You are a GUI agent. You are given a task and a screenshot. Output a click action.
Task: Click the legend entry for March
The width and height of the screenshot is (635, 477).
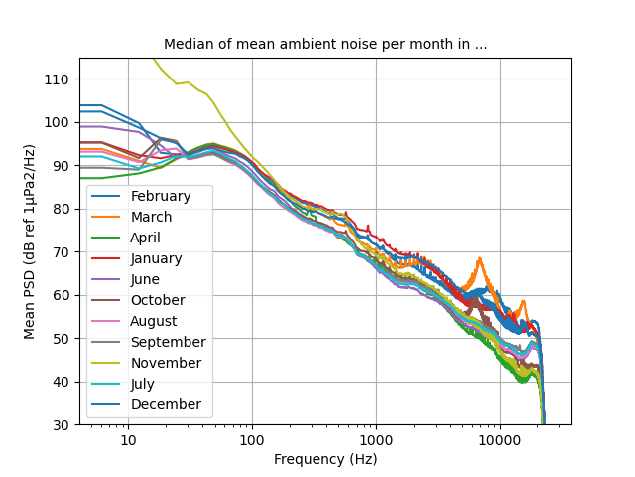coord(150,217)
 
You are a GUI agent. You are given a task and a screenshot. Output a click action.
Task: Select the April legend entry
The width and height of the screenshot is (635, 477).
coord(145,238)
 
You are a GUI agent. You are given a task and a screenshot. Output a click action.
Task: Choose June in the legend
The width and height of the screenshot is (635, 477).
coord(145,279)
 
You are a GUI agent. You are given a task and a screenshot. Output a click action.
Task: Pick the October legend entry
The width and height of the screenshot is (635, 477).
coord(157,300)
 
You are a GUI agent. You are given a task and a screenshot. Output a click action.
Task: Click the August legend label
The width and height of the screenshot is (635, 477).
coord(153,321)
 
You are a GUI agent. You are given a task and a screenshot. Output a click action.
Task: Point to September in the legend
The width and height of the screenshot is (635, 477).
coord(167,342)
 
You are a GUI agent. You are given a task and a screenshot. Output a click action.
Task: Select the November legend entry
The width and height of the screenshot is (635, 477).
coord(165,363)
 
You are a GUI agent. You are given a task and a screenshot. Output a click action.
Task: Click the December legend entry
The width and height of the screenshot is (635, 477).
coord(166,404)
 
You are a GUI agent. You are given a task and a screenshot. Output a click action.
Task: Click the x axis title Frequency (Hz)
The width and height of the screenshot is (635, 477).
coord(325,459)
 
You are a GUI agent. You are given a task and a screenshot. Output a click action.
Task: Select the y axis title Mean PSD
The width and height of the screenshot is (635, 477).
coord(30,241)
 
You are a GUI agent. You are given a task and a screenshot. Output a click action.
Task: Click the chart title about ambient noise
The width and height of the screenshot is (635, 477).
coord(325,45)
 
